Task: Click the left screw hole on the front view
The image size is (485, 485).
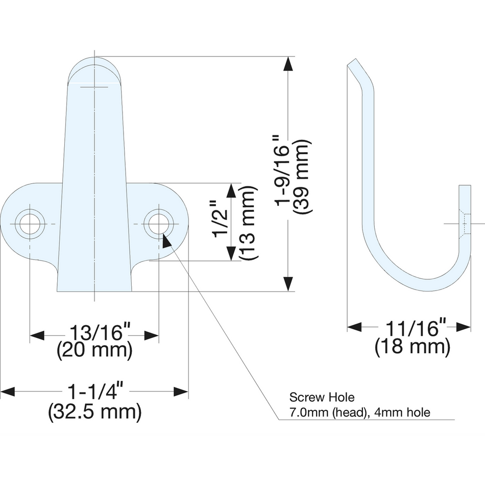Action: (30, 224)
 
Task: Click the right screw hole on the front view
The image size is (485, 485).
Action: (158, 224)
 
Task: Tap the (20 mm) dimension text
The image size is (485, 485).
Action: (95, 351)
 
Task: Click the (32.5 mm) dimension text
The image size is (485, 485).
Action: (95, 411)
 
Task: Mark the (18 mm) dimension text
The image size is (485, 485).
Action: (413, 348)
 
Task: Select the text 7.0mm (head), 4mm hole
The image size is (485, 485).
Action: (359, 412)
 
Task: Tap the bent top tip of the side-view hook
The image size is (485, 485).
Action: (354, 65)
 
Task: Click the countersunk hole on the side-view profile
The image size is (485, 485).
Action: (464, 224)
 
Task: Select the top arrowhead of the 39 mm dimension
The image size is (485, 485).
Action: (288, 64)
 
